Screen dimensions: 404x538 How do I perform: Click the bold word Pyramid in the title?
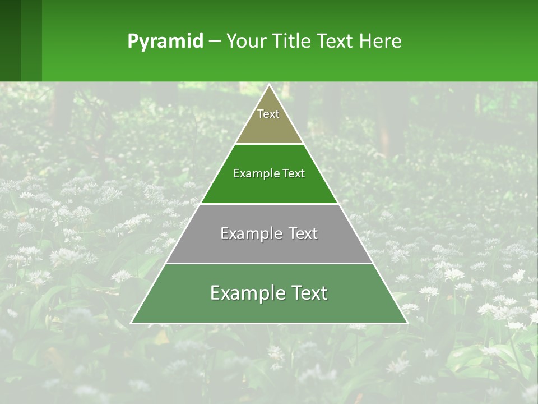click(165, 42)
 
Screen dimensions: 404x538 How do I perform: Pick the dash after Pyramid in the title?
click(214, 42)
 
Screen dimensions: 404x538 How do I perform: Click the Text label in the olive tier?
click(268, 114)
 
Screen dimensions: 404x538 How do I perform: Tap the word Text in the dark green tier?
click(294, 173)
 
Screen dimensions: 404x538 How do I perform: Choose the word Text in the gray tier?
click(303, 233)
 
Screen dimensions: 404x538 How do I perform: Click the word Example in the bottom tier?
click(247, 293)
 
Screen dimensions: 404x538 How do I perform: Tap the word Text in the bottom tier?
click(309, 293)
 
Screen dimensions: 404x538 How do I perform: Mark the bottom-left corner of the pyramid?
click(132, 323)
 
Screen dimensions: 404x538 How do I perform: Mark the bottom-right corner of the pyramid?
click(407, 323)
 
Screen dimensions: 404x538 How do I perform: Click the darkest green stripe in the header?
click(10, 40)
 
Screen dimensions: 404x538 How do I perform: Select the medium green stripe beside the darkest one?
click(31, 40)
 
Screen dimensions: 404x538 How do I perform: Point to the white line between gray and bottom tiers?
click(270, 263)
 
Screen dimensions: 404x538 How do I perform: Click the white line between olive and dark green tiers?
click(270, 144)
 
